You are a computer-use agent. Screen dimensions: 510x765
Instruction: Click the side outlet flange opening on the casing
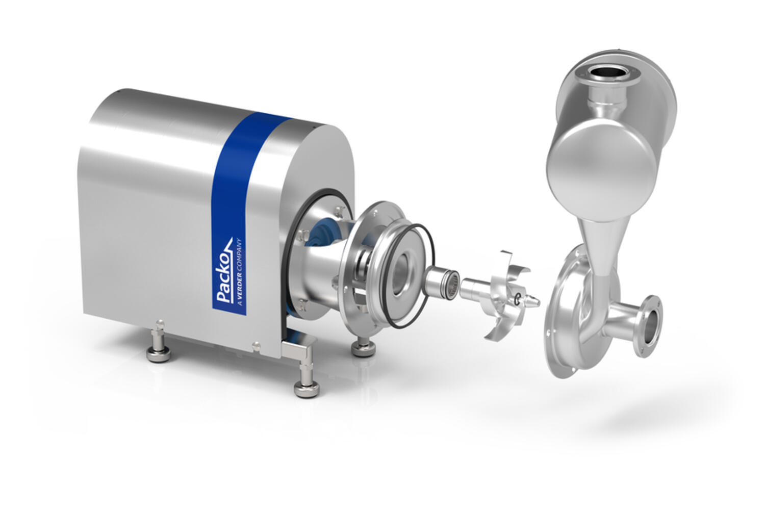(x=650, y=326)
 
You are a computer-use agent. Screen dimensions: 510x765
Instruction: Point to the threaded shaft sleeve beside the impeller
(x=442, y=280)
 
